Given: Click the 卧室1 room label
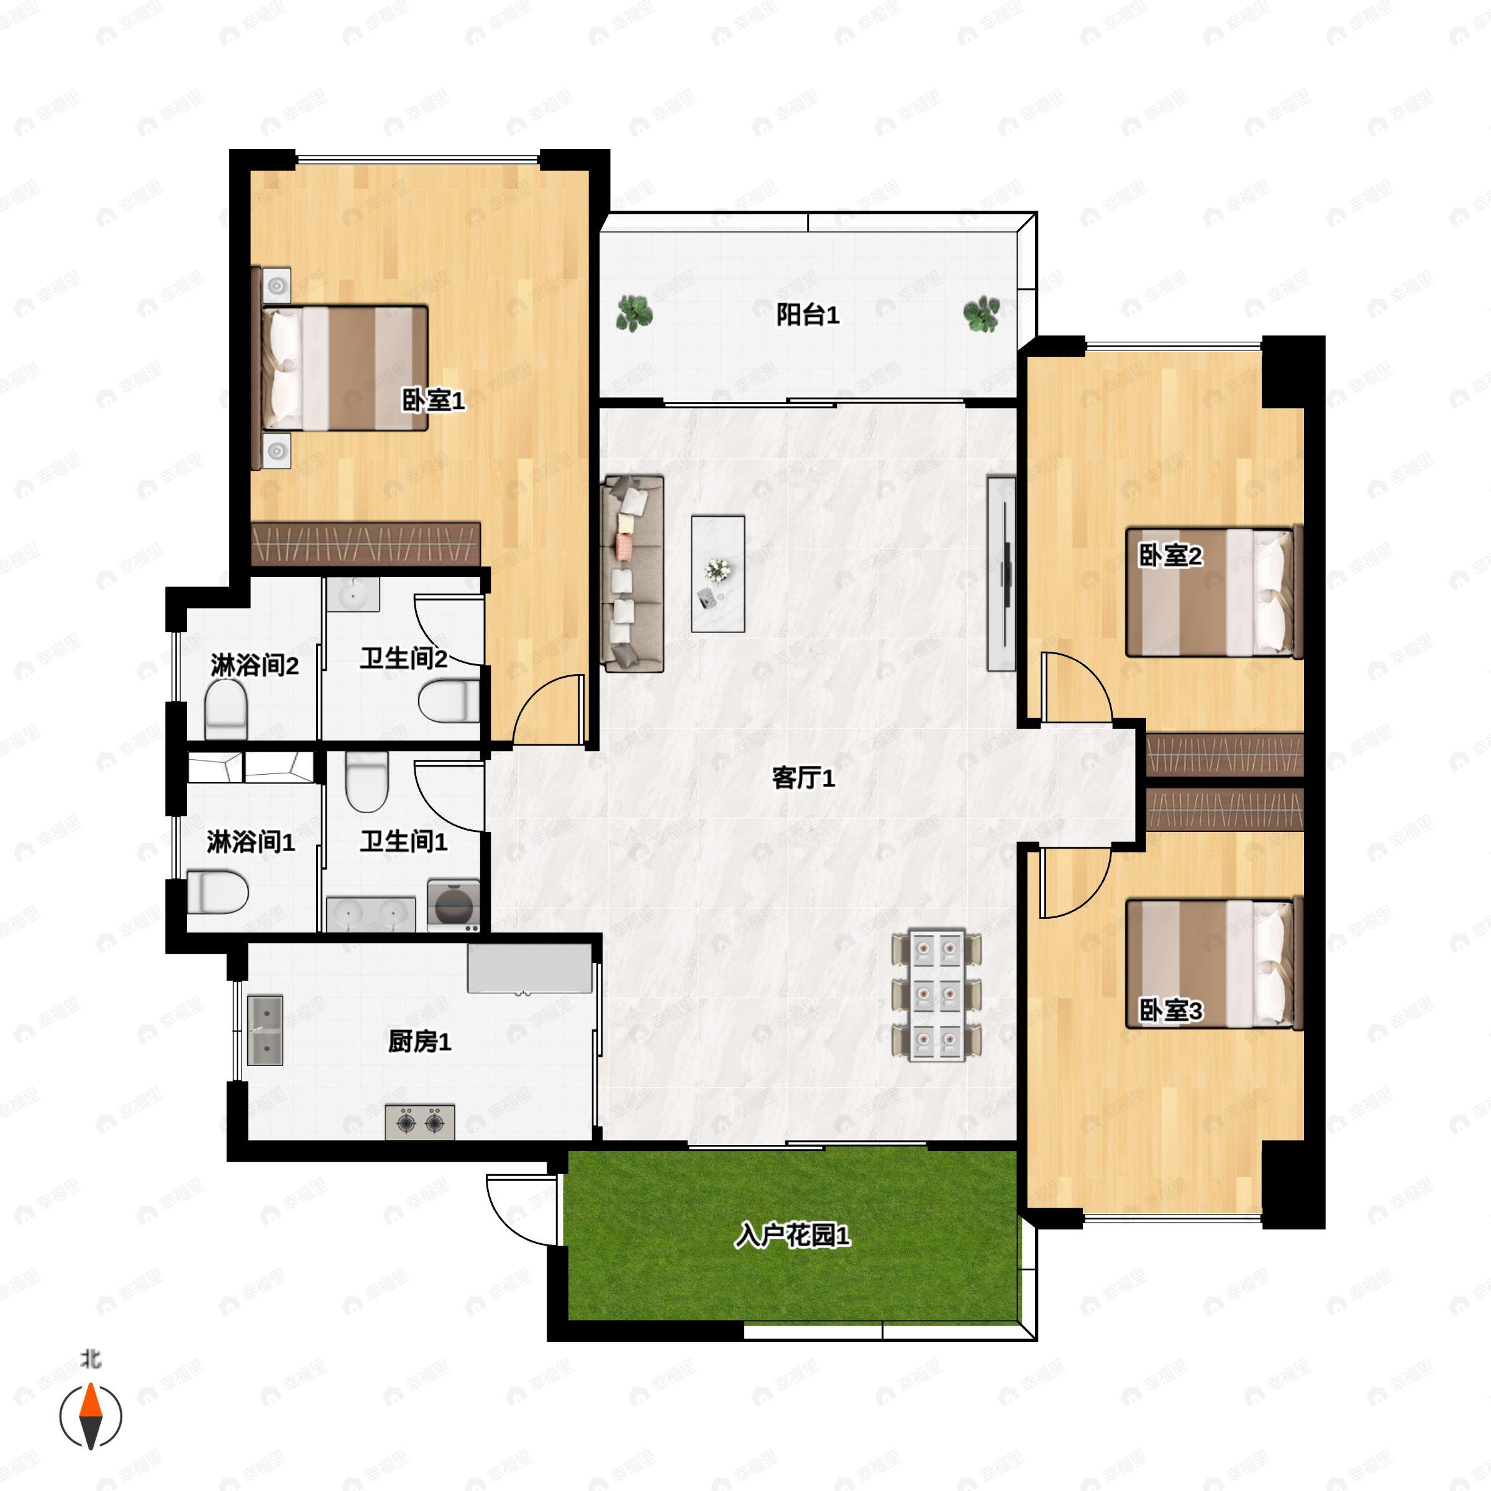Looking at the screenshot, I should tap(433, 401).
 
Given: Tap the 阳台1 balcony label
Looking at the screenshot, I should tap(807, 315).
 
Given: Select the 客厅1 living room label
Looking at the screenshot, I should tap(803, 778).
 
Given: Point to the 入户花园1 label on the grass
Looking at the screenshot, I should tap(792, 1236).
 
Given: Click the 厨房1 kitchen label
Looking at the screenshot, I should tap(419, 1042).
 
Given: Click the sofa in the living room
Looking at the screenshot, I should tap(632, 573).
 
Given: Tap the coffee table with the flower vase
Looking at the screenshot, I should tap(718, 573).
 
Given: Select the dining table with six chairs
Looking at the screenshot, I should tap(937, 995).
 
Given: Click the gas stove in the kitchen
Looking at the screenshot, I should tap(420, 1121).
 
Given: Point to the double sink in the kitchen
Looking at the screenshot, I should tap(265, 1030).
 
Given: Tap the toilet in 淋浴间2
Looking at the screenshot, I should tap(226, 708).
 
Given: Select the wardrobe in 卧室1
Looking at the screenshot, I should tap(366, 544).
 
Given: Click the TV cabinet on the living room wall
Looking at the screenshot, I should tap(1001, 573).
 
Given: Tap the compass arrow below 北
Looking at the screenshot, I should tap(91, 1416).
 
